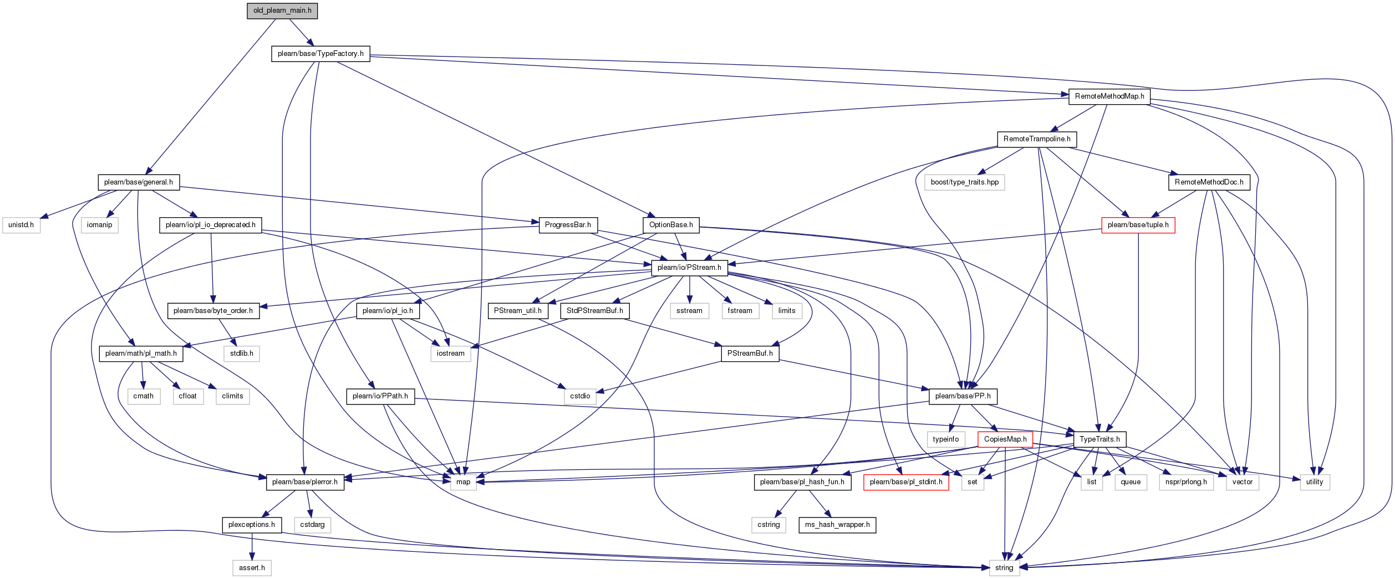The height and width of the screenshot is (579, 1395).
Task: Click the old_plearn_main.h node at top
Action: coord(282,11)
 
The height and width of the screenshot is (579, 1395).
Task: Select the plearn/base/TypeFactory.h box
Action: coord(320,54)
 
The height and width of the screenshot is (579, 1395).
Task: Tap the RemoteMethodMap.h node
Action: coord(1109,96)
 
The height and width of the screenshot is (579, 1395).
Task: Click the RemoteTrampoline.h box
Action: coord(1037,139)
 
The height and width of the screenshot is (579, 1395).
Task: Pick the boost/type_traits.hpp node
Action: coord(965,182)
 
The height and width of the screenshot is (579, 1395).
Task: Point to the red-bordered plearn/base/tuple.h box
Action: coord(1138,225)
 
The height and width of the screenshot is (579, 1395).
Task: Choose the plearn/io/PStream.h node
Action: coord(689,268)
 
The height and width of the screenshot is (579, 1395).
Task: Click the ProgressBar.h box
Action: coord(568,225)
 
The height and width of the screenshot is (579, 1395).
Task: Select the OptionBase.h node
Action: coord(671,225)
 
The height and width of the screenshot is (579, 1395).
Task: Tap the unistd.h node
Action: coord(21,225)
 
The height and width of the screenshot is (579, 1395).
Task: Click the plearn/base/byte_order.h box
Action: coord(213,311)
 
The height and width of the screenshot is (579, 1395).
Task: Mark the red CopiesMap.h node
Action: coord(1005,439)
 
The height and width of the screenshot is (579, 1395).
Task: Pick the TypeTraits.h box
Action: coord(1099,439)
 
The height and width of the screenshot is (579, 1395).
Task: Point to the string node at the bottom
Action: coord(1004,568)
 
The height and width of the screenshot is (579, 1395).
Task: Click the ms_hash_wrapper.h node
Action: coord(837,525)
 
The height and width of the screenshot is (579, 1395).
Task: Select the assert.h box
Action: coord(252,568)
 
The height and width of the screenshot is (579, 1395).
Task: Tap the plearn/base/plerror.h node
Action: coord(305,482)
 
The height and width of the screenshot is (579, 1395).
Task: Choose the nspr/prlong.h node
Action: coord(1186,482)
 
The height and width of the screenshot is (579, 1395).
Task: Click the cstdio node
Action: coord(580,396)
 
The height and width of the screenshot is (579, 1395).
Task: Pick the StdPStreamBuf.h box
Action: coord(594,311)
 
